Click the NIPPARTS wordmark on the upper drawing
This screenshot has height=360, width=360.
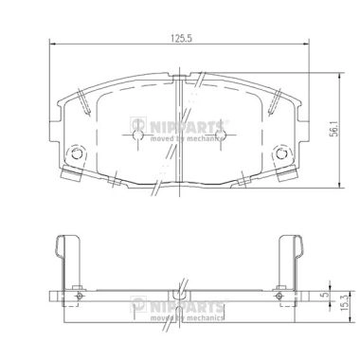pyautogui.click(x=198, y=125)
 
